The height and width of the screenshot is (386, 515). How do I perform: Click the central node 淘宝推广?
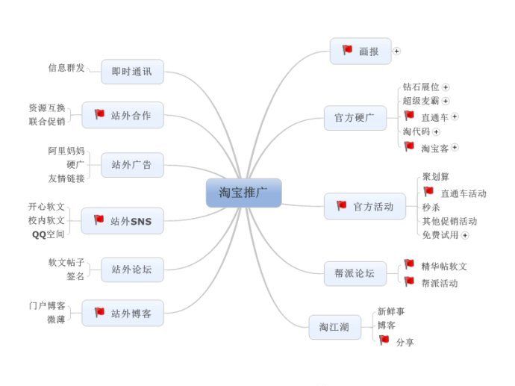[243, 193]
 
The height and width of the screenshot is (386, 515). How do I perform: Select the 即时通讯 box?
[131, 72]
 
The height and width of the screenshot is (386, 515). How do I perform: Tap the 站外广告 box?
[131, 165]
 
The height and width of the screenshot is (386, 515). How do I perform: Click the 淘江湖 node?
[334, 326]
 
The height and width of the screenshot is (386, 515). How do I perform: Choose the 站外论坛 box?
[131, 269]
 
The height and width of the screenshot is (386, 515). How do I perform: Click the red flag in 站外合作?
[99, 114]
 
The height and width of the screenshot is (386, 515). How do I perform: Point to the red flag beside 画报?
[347, 50]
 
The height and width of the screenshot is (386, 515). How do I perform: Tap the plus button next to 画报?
[397, 52]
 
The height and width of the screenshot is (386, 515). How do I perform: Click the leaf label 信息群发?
[66, 68]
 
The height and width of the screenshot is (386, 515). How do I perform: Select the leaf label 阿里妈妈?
[66, 151]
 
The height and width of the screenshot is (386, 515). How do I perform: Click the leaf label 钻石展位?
[421, 87]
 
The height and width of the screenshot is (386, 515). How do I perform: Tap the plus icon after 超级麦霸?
[446, 101]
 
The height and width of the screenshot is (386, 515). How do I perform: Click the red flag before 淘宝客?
[409, 146]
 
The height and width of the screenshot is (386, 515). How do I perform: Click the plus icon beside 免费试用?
[465, 235]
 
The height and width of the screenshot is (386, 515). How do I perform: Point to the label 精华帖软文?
[444, 266]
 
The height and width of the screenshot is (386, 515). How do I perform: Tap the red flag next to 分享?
[384, 340]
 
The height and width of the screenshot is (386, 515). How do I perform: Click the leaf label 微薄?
[56, 320]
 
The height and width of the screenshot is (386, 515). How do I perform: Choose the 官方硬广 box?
[355, 117]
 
